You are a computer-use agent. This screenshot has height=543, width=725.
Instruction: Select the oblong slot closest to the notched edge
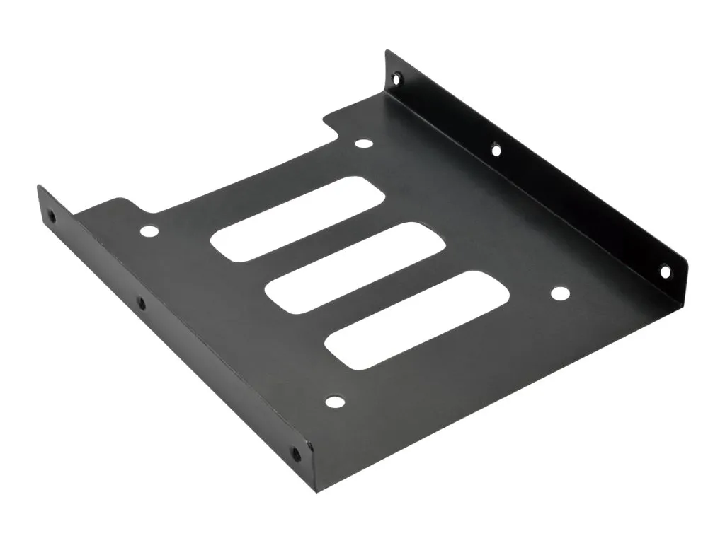298,221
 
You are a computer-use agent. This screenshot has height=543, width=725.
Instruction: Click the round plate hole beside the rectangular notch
363,144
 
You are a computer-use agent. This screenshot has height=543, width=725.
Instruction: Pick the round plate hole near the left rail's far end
149,231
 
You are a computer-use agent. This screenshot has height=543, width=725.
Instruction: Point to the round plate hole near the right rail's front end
559,293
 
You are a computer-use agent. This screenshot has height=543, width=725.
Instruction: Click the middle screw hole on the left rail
141,304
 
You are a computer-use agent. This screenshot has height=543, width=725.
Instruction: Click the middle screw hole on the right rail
496,149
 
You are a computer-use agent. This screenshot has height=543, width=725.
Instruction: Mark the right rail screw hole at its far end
396,76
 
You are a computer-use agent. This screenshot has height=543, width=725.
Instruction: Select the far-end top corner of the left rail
39,187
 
